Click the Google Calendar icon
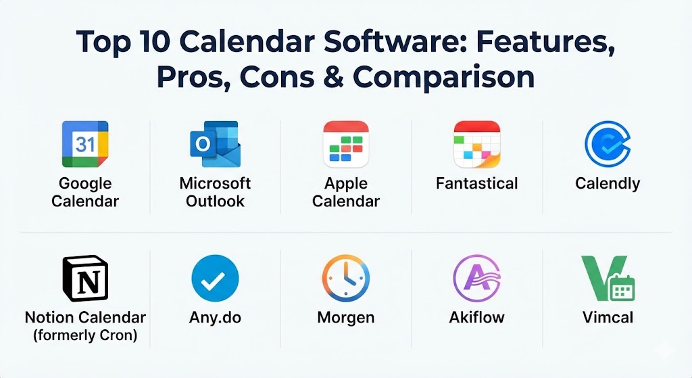click(x=85, y=144)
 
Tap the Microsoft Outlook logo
click(x=216, y=144)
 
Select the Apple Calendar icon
click(x=346, y=144)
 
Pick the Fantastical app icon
click(x=477, y=144)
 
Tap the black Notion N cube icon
click(x=85, y=278)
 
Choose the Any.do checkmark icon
click(x=216, y=279)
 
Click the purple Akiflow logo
click(x=477, y=279)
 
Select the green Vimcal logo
click(x=608, y=279)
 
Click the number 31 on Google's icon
click(x=85, y=145)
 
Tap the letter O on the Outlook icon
click(x=203, y=144)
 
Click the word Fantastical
click(x=477, y=183)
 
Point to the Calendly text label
click(x=608, y=184)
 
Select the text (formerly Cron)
click(x=85, y=335)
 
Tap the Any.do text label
click(x=216, y=318)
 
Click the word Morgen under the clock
click(x=346, y=318)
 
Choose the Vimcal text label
click(x=608, y=318)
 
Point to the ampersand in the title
click(x=334, y=77)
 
